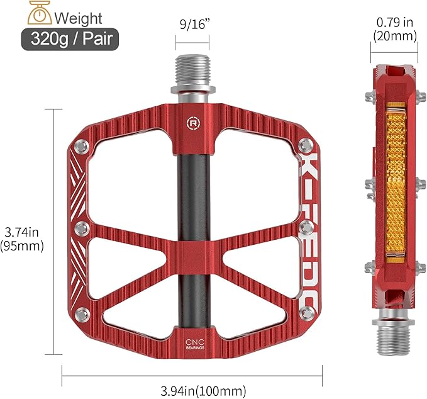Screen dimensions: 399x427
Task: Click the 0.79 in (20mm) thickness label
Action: point(394,30)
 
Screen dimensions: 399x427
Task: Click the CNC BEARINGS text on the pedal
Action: point(191,343)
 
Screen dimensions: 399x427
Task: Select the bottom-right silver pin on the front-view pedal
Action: point(305,313)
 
